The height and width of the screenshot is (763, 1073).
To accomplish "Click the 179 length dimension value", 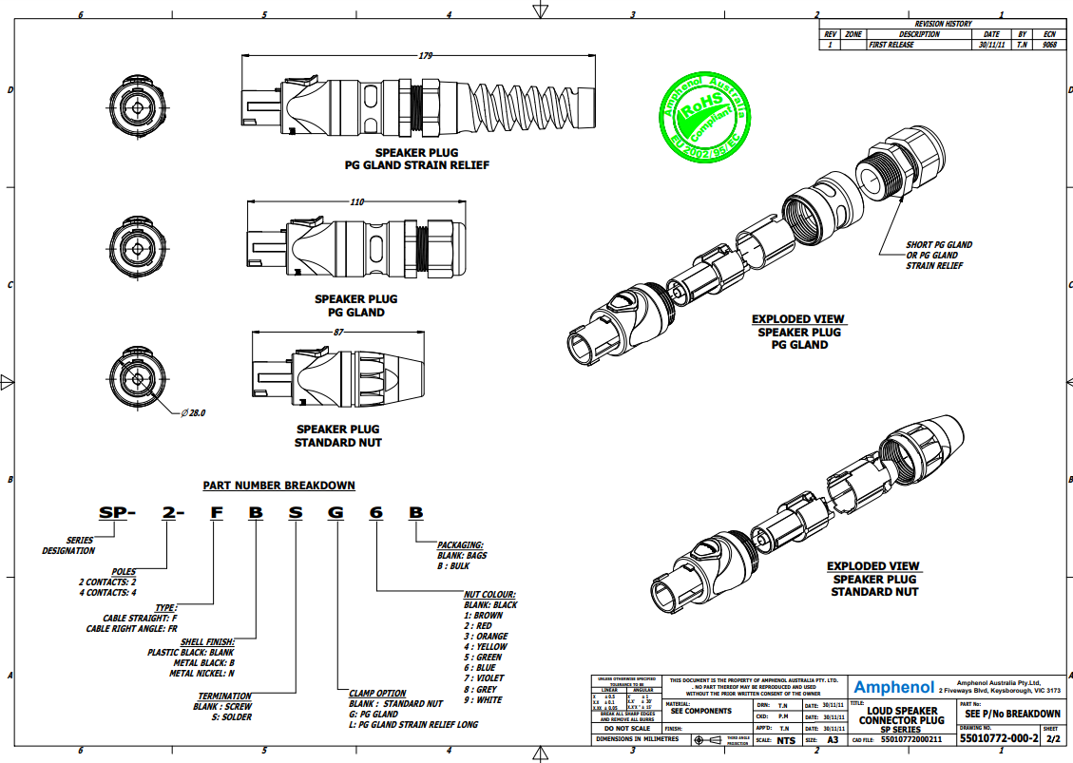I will (x=425, y=57).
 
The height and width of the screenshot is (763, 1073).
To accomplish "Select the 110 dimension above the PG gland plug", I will (x=357, y=201).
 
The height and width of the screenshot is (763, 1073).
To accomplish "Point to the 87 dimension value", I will (x=339, y=332).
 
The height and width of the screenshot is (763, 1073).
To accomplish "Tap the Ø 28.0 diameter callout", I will (x=193, y=413).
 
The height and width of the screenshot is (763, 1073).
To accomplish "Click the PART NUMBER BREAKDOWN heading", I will (x=278, y=486).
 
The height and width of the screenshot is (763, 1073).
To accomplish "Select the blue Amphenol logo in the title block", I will (x=893, y=687).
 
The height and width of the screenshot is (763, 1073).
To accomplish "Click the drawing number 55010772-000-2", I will (x=998, y=738).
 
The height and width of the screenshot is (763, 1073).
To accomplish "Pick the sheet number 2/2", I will (x=1052, y=738).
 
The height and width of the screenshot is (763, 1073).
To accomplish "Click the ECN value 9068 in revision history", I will (x=1049, y=45).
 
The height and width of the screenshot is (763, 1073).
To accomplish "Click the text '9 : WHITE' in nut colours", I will (x=483, y=700).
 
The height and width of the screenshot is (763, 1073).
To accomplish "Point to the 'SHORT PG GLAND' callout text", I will (x=939, y=245).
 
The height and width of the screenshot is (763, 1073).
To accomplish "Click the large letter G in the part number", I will (x=335, y=513).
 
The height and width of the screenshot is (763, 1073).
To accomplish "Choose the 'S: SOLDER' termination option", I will (x=223, y=717).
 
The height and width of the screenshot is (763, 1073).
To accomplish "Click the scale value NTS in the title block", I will (x=785, y=739).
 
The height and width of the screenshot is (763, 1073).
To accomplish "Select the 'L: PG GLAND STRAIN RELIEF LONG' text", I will (x=413, y=725).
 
